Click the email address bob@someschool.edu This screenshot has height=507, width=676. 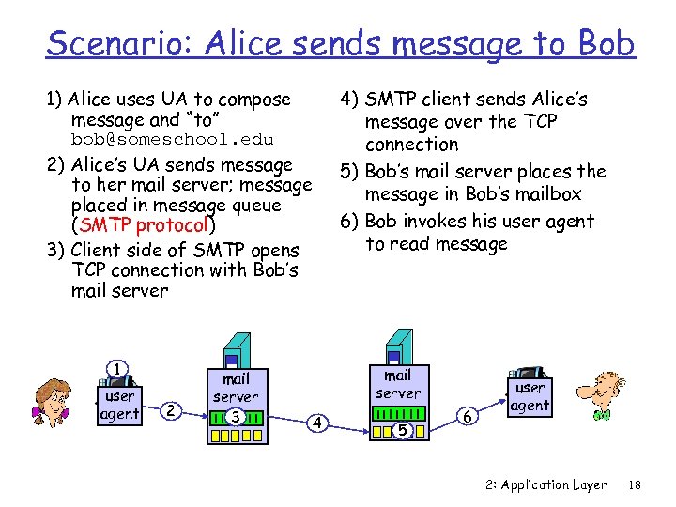(173, 140)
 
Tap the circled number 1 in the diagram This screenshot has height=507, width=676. (116, 369)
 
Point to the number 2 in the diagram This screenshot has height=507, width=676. (169, 410)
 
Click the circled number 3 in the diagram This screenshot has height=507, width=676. (236, 415)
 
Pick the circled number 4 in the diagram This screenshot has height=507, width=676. (317, 423)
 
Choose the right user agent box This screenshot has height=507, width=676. (529, 396)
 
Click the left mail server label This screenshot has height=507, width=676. (235, 388)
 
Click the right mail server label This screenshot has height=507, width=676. (398, 383)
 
